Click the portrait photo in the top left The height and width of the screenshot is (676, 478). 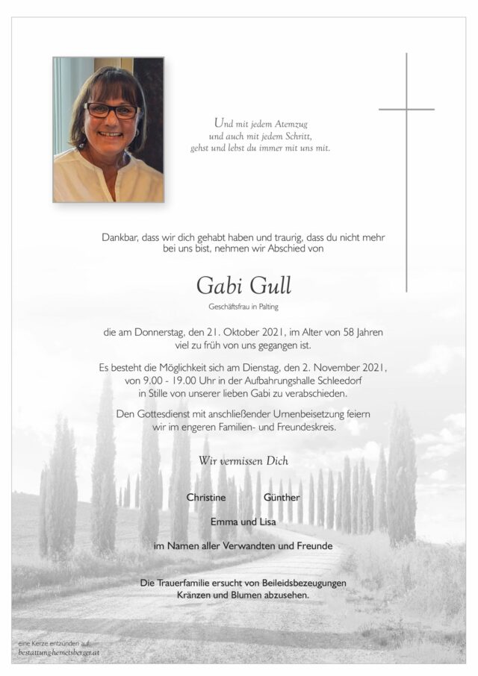click(108, 130)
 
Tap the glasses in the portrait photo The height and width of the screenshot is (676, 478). click(111, 110)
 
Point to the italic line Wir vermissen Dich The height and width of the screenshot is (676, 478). click(243, 460)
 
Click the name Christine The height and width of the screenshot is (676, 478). click(208, 498)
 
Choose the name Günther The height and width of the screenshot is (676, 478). click(282, 498)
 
